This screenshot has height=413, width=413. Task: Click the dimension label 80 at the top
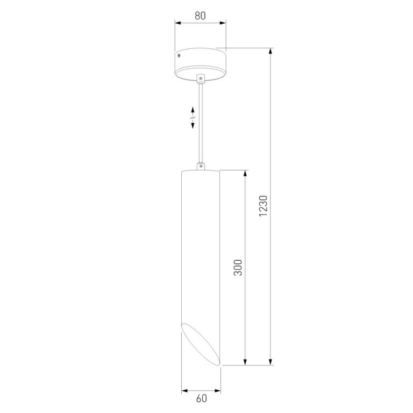coord(200,16)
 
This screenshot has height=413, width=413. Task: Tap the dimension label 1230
coord(263,206)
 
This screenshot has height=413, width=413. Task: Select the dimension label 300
coord(238,267)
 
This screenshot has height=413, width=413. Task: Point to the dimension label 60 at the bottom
coord(202,398)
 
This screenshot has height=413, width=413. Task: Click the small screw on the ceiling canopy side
coord(179,55)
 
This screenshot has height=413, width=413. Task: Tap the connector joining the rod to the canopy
coord(201,78)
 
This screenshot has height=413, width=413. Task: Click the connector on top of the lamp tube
coord(201,166)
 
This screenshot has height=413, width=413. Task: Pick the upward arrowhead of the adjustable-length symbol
coord(193,110)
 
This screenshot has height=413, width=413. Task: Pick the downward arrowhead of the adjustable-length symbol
coord(193,125)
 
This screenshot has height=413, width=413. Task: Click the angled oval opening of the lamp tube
coord(201,344)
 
